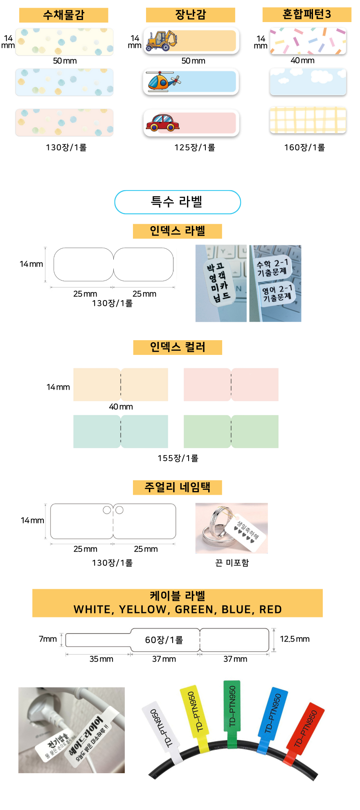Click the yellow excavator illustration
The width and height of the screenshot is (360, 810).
(162, 40)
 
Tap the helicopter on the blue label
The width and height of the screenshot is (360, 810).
(163, 81)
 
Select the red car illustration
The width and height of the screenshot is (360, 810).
(162, 123)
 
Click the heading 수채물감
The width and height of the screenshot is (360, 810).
(63, 15)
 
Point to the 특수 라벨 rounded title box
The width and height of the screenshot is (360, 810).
(177, 202)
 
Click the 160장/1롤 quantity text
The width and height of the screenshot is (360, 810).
(304, 147)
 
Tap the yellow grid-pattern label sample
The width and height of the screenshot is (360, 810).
(308, 120)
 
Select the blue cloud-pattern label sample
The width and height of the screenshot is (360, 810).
(308, 82)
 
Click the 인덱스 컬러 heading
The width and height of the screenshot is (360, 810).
(177, 347)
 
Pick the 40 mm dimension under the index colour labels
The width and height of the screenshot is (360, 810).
(121, 406)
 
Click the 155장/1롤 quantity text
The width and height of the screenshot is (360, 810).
(178, 458)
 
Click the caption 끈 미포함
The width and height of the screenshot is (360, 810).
(232, 563)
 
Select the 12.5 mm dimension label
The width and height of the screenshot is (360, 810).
(295, 639)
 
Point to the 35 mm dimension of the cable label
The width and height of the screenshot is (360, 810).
(101, 659)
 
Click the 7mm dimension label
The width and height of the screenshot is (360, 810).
(47, 639)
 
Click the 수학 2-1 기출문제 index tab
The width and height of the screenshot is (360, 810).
(272, 267)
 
